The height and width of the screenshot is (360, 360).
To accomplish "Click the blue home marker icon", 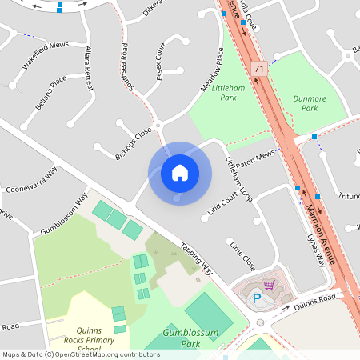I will click(x=180, y=172).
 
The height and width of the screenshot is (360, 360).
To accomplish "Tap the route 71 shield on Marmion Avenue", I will click(x=258, y=70).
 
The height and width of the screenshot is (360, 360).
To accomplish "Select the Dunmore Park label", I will click(x=305, y=103).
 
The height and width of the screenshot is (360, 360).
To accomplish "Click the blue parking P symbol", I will click(x=257, y=299).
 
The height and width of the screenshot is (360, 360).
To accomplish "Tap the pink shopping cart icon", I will click(x=270, y=284).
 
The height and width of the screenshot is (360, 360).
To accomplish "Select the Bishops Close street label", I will click(x=133, y=144).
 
